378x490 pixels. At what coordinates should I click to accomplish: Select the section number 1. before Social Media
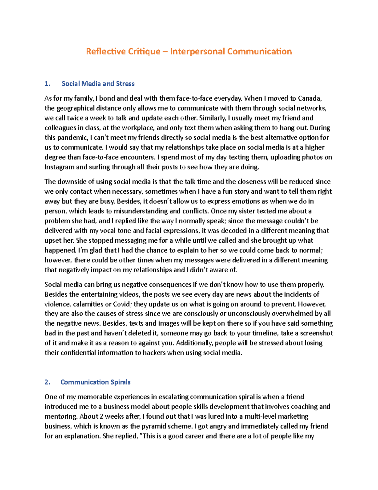coord(47,84)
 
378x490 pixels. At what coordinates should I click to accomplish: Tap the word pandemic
coord(72,138)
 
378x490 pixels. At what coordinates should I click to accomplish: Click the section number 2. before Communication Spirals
coord(47,382)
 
